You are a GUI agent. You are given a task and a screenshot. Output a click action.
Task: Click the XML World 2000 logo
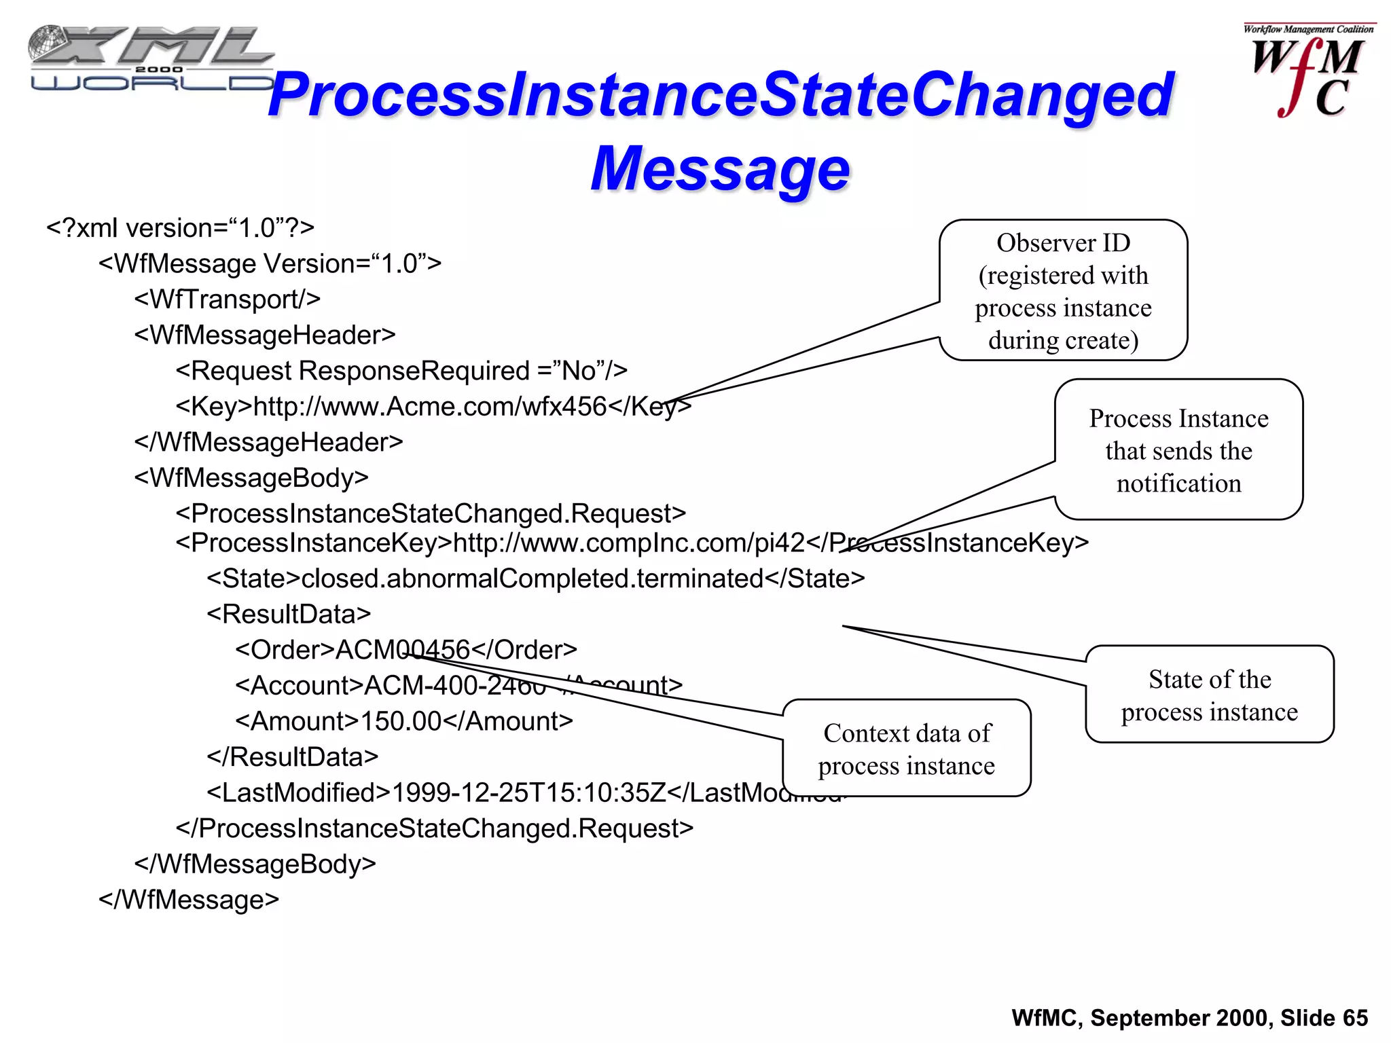(151, 58)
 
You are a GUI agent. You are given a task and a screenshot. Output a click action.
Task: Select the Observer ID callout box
(1063, 291)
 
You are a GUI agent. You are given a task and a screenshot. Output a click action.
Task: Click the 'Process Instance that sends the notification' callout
(1178, 450)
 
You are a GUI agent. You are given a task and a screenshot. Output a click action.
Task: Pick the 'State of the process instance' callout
(1209, 695)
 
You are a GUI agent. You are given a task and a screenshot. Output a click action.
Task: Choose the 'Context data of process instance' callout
(907, 748)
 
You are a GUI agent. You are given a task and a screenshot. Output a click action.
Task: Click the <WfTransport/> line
(227, 299)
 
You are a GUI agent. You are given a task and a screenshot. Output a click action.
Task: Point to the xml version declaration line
(180, 228)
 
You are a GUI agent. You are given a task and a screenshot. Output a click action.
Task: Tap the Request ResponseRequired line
(401, 371)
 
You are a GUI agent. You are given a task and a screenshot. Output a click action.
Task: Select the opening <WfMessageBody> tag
(251, 478)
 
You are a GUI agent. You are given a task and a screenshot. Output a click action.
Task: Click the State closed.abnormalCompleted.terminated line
(535, 579)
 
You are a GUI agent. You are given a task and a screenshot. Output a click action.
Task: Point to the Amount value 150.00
(401, 721)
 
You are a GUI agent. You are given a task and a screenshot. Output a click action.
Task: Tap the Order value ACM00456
(403, 650)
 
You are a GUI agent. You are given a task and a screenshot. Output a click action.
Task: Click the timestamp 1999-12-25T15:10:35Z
(529, 792)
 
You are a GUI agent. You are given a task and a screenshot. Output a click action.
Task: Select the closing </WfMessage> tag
(189, 900)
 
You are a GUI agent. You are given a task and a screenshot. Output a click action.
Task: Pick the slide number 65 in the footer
(1355, 1018)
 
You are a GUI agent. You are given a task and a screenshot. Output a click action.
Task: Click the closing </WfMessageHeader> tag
(268, 442)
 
